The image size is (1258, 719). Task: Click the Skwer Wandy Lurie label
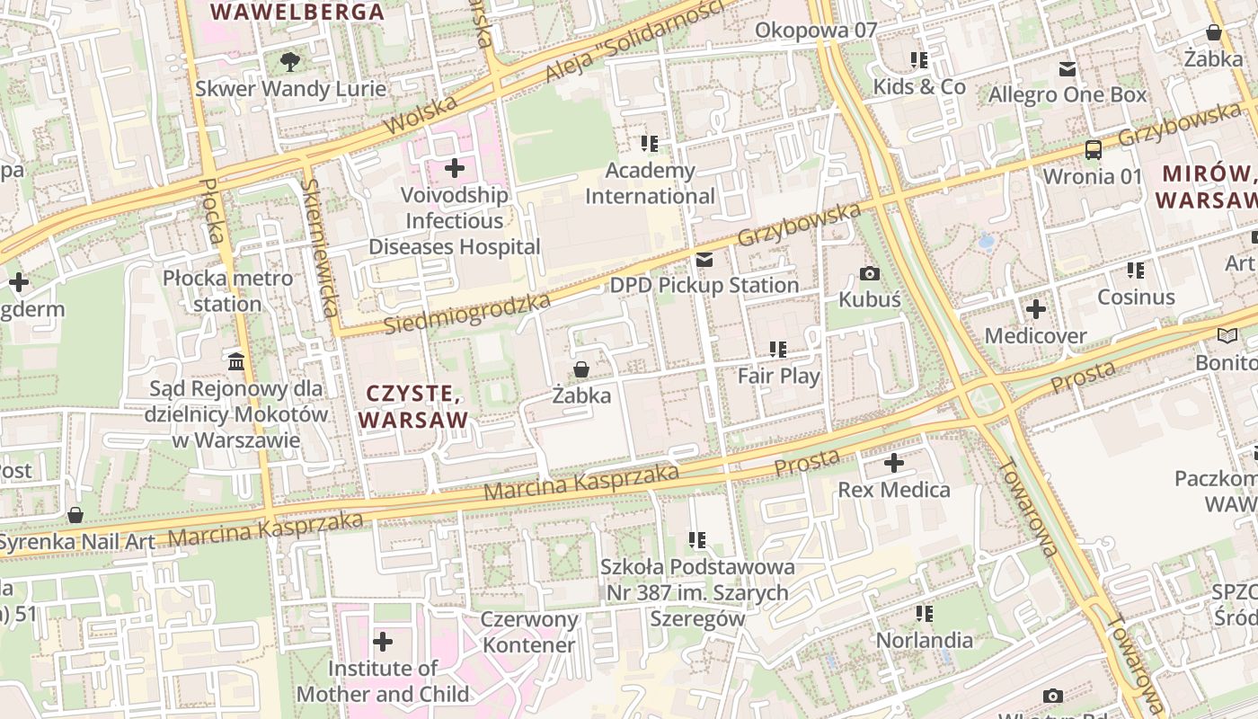(291, 89)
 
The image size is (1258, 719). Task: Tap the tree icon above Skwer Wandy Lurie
(289, 61)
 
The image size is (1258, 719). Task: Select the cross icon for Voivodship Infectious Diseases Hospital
(455, 168)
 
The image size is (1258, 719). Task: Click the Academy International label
(650, 183)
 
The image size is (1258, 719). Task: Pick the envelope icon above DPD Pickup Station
(704, 260)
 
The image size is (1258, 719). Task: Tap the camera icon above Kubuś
(869, 273)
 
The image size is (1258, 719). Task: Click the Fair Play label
(778, 376)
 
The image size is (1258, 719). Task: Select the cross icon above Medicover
(1035, 309)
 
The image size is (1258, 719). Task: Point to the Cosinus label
(1136, 297)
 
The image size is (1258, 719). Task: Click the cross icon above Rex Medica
(893, 464)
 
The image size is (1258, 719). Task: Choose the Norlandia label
(924, 640)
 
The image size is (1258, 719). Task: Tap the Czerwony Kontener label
(528, 632)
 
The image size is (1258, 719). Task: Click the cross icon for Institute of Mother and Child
(383, 642)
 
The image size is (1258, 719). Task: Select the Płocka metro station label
(227, 290)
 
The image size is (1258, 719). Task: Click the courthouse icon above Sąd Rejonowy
(236, 361)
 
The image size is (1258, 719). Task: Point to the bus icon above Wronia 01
(1093, 149)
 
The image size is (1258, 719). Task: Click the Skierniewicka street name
(319, 247)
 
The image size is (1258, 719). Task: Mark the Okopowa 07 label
(815, 31)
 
